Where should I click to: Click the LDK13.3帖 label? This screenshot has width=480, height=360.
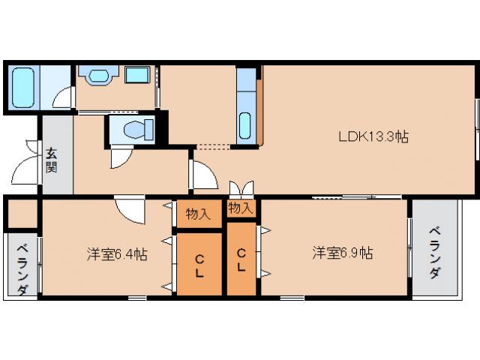[x=373, y=137]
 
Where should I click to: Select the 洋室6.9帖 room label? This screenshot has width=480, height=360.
[x=343, y=253]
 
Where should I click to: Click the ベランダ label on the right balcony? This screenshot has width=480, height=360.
[x=435, y=252]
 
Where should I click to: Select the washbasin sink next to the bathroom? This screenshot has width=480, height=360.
[x=98, y=76]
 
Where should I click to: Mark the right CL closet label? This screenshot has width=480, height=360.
[x=241, y=260]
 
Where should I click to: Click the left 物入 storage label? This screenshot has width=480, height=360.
[x=198, y=214]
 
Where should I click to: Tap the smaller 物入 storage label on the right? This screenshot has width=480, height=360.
[x=240, y=207]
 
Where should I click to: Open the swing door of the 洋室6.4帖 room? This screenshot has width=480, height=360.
[x=130, y=209]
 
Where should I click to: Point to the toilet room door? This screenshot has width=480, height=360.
[x=120, y=157]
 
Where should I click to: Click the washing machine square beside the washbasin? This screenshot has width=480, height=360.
[x=136, y=75]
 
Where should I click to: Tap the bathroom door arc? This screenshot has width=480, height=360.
[x=64, y=98]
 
